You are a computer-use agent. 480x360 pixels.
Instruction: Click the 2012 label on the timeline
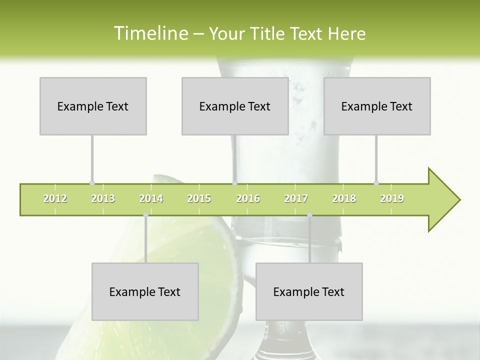pyautogui.click(x=55, y=198)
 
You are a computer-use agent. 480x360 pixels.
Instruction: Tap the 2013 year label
pyautogui.click(x=103, y=198)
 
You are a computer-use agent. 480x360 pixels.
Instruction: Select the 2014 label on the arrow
pyautogui.click(x=151, y=198)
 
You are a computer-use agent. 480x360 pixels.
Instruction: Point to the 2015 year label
pyautogui.click(x=199, y=198)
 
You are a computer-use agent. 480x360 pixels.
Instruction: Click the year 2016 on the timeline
pyautogui.click(x=248, y=198)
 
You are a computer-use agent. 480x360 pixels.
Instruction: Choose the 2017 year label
pyautogui.click(x=296, y=198)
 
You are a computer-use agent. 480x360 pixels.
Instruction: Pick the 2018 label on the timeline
pyautogui.click(x=344, y=198)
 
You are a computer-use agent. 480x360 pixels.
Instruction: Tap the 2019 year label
pyautogui.click(x=392, y=198)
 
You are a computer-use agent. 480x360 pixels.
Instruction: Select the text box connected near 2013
pyautogui.click(x=93, y=106)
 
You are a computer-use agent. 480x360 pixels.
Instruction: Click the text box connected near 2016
pyautogui.click(x=235, y=106)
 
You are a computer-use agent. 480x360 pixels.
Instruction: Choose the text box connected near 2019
pyautogui.click(x=377, y=106)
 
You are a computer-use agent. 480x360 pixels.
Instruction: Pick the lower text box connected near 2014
pyautogui.click(x=145, y=291)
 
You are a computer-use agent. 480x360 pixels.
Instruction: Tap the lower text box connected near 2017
pyautogui.click(x=309, y=291)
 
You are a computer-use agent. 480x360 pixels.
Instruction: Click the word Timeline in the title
pyautogui.click(x=150, y=33)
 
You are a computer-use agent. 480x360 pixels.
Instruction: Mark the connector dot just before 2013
pyautogui.click(x=92, y=183)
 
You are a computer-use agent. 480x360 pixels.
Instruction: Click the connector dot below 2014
pyautogui.click(x=145, y=215)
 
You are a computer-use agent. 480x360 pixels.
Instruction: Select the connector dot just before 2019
pyautogui.click(x=376, y=183)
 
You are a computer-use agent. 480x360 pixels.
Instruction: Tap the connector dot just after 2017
pyautogui.click(x=309, y=215)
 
